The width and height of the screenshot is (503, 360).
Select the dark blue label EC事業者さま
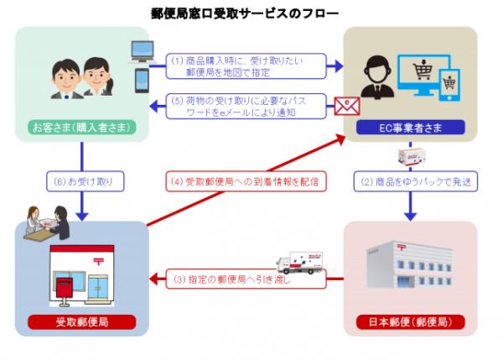click(411, 128)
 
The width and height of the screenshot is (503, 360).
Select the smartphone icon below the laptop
click(141, 82)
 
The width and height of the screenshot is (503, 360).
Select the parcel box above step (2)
click(412, 154)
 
